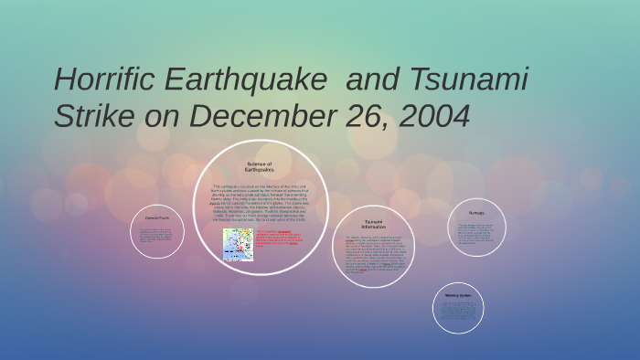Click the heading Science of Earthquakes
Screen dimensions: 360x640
260,166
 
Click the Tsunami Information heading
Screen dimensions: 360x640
373,224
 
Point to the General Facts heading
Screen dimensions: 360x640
156,217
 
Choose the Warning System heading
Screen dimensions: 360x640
458,296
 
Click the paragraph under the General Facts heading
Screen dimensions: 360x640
156,235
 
